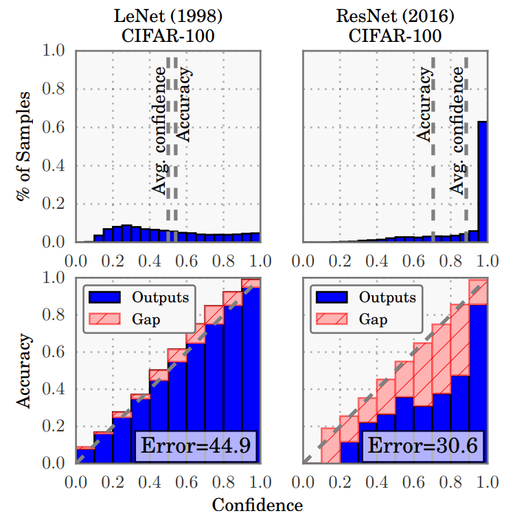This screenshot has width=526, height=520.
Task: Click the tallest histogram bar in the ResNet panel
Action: tap(483, 182)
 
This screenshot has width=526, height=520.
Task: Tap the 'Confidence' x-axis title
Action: tap(257, 506)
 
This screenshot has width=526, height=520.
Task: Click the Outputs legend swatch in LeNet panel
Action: tap(104, 297)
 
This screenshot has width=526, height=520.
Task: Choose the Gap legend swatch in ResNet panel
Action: tap(331, 319)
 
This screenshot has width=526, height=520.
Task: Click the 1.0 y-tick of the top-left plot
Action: tap(55, 51)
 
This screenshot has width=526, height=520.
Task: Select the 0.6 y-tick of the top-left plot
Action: tap(55, 128)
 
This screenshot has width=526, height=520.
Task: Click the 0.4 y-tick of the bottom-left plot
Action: tap(55, 389)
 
